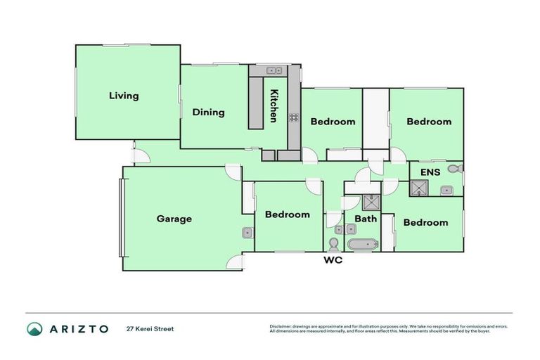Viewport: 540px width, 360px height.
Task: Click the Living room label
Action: [124, 96]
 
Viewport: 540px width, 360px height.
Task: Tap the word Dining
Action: [209, 112]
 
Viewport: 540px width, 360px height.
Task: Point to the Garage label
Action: [174, 219]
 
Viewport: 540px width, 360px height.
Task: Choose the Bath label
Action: [366, 219]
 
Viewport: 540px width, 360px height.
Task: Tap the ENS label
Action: [430, 172]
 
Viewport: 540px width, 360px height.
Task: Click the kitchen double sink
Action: [274, 70]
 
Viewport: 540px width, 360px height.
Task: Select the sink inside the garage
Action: [247, 233]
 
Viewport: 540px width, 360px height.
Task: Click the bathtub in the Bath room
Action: [363, 245]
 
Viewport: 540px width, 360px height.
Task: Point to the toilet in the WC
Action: [333, 243]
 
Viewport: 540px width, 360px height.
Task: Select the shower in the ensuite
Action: [420, 187]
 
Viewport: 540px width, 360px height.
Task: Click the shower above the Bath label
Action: [371, 202]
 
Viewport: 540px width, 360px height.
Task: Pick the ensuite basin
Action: [446, 190]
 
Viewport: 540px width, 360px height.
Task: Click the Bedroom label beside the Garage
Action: [287, 214]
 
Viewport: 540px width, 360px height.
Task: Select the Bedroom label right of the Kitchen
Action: [333, 122]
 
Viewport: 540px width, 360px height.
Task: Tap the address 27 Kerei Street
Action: [150, 329]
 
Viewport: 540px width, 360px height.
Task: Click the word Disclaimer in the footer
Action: [281, 326]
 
